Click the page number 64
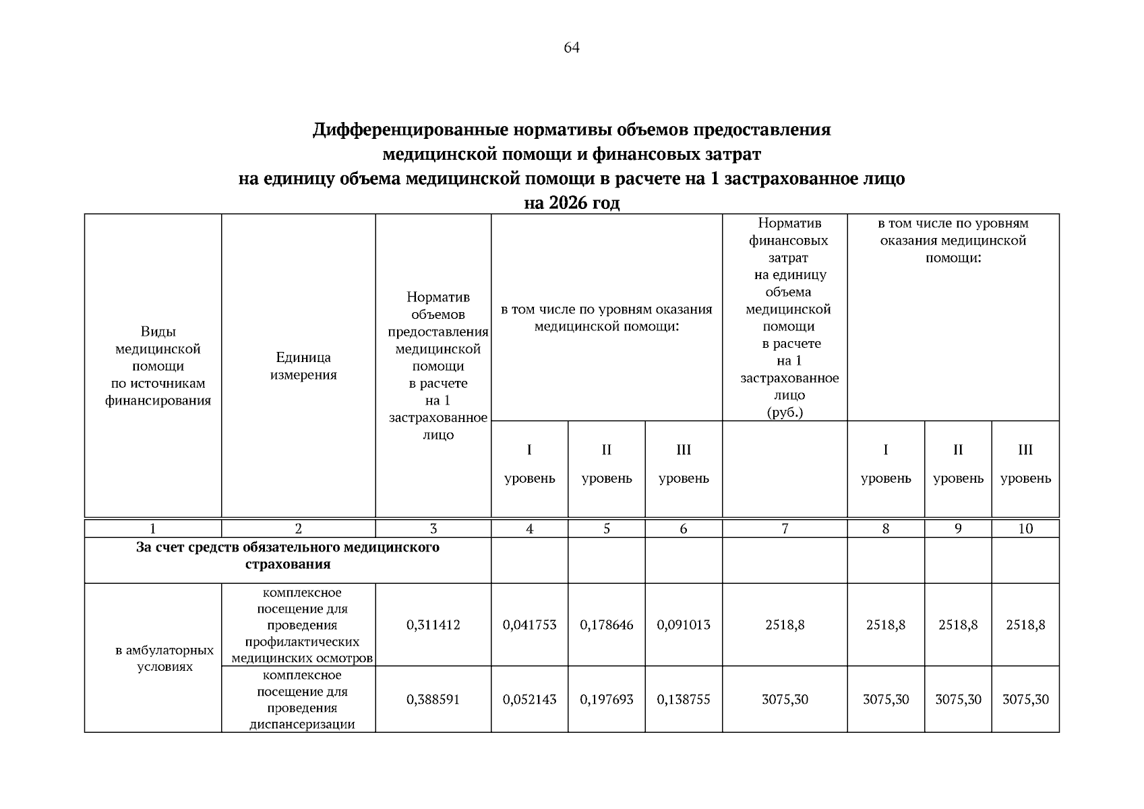coord(571,48)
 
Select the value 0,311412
coord(433,625)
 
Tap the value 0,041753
coord(529,625)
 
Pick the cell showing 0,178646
coord(606,625)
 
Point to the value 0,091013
coord(683,625)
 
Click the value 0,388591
coord(433,700)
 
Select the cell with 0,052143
coord(529,700)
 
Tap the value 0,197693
coord(606,700)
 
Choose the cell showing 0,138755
coord(683,700)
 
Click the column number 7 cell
coord(785,529)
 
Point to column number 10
coord(1025,529)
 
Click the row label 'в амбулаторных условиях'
coord(164,659)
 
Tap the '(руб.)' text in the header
coord(785,413)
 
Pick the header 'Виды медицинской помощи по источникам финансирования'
coord(158,366)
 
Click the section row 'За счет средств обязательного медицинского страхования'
coord(287,556)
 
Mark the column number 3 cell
coord(433,529)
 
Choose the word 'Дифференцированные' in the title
coord(411,130)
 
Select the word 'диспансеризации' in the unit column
coord(302,725)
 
